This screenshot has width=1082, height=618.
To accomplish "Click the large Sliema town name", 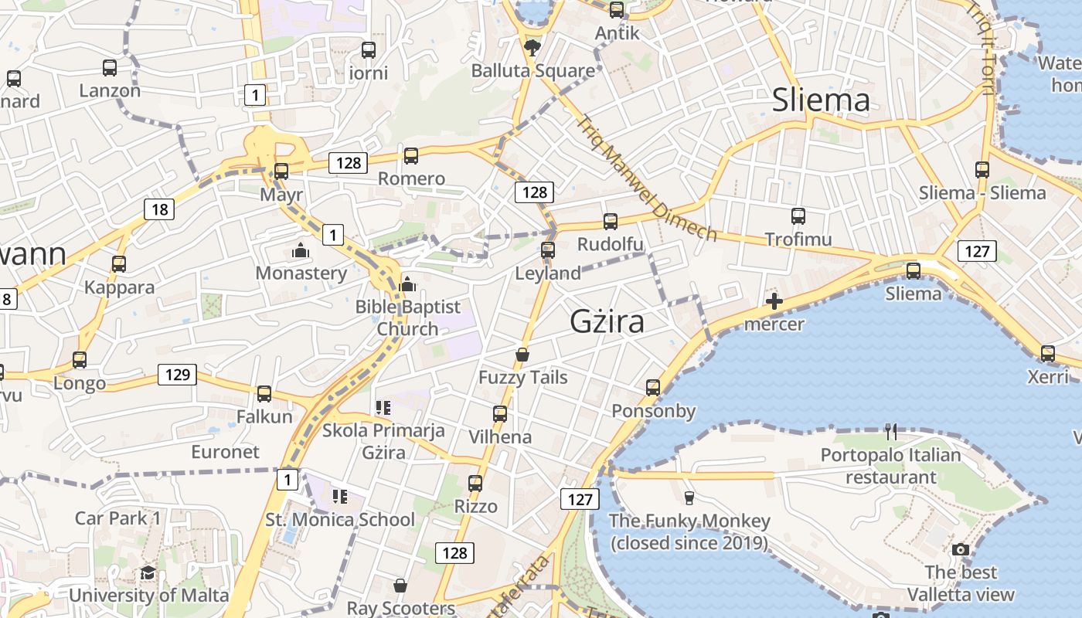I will pos(821,100).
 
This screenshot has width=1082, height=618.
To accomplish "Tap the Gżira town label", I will pos(607,321).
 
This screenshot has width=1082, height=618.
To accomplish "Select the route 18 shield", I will pos(159,209).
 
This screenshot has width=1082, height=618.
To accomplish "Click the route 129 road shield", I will pos(177,375).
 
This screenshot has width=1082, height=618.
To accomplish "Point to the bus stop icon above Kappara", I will pos(119,264).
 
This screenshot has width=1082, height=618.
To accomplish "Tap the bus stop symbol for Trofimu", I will pos(798,216).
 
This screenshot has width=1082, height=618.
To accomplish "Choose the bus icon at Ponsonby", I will pos(653,388).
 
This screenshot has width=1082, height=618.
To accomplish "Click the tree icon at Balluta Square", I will pos(532,48).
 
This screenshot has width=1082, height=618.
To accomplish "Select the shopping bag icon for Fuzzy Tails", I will pos(522,355).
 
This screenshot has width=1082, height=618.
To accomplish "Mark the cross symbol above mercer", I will pos(774,301).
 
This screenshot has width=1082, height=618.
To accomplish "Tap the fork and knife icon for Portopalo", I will pos(891,432).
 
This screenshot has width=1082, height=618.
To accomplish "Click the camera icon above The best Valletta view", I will pos(961,549).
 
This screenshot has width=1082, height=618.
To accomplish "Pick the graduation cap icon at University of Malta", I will pos(148,572).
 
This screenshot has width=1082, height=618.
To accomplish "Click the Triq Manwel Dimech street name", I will pos(648,178).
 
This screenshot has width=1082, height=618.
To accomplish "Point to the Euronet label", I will pos(226,452).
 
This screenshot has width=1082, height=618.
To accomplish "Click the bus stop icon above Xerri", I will pos(1047,354).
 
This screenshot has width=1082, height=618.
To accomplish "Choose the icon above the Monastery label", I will pos(300,250).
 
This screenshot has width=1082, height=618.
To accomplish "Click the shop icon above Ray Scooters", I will pos(400,586).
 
